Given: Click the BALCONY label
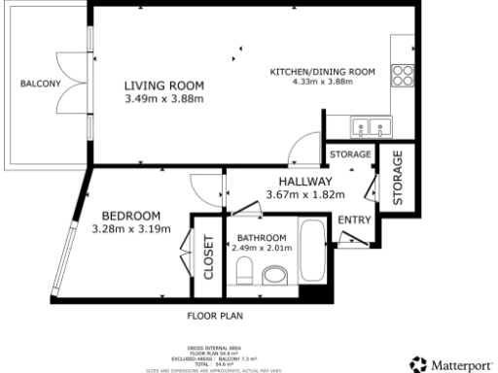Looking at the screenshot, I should coord(41,85).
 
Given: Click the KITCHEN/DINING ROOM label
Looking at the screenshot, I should coord(322,71).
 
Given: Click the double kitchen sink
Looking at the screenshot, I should coord(370,124).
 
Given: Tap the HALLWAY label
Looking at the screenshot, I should coord(305,182).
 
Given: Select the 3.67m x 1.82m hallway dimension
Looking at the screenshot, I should coord(305,195).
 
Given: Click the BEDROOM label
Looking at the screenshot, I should coord(130,216).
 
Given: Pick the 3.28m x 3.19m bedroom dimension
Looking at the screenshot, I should coord(130,229).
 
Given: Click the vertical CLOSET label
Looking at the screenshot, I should coord(207,259).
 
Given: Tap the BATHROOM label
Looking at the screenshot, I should coord(260,238).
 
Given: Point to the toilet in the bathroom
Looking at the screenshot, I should coord(245,270).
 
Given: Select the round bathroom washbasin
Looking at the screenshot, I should coord(277,276).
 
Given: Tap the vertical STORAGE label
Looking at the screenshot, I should coord(398,178).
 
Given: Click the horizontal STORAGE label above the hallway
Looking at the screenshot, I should coord(349,154).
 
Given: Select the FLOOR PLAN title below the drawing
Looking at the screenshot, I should coord(214,316).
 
